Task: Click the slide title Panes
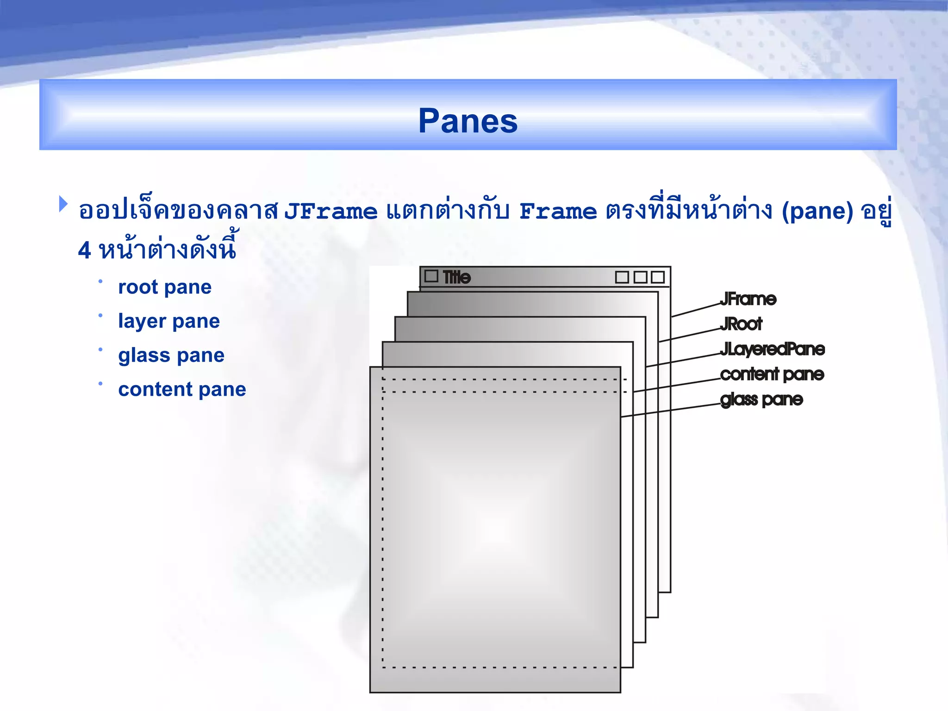[x=468, y=121]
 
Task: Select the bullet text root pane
[x=165, y=287]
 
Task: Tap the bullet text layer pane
[x=169, y=321]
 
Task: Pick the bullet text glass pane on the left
[x=171, y=355]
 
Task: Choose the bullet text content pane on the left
[x=182, y=389]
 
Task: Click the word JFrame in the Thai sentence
[x=331, y=212]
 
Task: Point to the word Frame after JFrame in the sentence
[x=558, y=212]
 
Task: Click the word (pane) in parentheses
[x=817, y=212]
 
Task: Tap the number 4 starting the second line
[x=84, y=250]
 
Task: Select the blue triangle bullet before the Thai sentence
[x=63, y=204]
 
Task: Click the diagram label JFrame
[x=748, y=299]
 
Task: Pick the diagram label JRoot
[x=741, y=324]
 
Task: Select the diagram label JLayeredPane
[x=772, y=349]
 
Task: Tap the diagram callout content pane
[x=772, y=374]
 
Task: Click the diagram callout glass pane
[x=761, y=399]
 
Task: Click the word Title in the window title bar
[x=456, y=277]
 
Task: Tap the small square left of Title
[x=431, y=276]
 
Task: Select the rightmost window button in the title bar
[x=657, y=277]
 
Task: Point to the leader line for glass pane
[x=671, y=411]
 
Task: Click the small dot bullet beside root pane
[x=100, y=281]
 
